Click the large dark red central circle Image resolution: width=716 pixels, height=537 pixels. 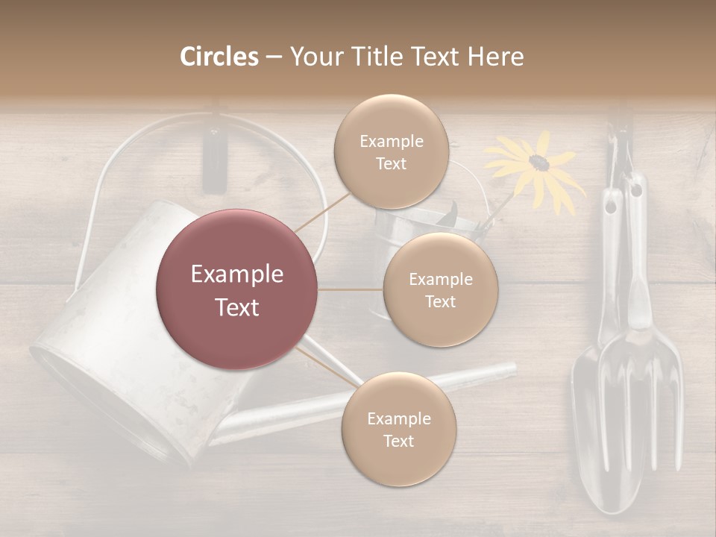pos(236,289)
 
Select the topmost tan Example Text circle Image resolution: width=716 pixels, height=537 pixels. pos(391,151)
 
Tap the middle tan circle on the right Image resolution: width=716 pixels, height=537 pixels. pos(440,289)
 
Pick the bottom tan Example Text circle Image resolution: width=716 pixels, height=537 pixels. pos(398,429)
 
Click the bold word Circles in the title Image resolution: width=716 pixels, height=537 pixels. pos(219,57)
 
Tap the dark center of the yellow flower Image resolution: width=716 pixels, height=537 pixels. pos(538,162)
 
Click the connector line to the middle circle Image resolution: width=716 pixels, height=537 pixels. pos(351,289)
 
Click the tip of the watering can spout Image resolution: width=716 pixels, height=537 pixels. pos(510,368)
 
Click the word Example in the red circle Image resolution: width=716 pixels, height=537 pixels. pos(236,274)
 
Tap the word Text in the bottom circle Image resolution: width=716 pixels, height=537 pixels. pos(398,441)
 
